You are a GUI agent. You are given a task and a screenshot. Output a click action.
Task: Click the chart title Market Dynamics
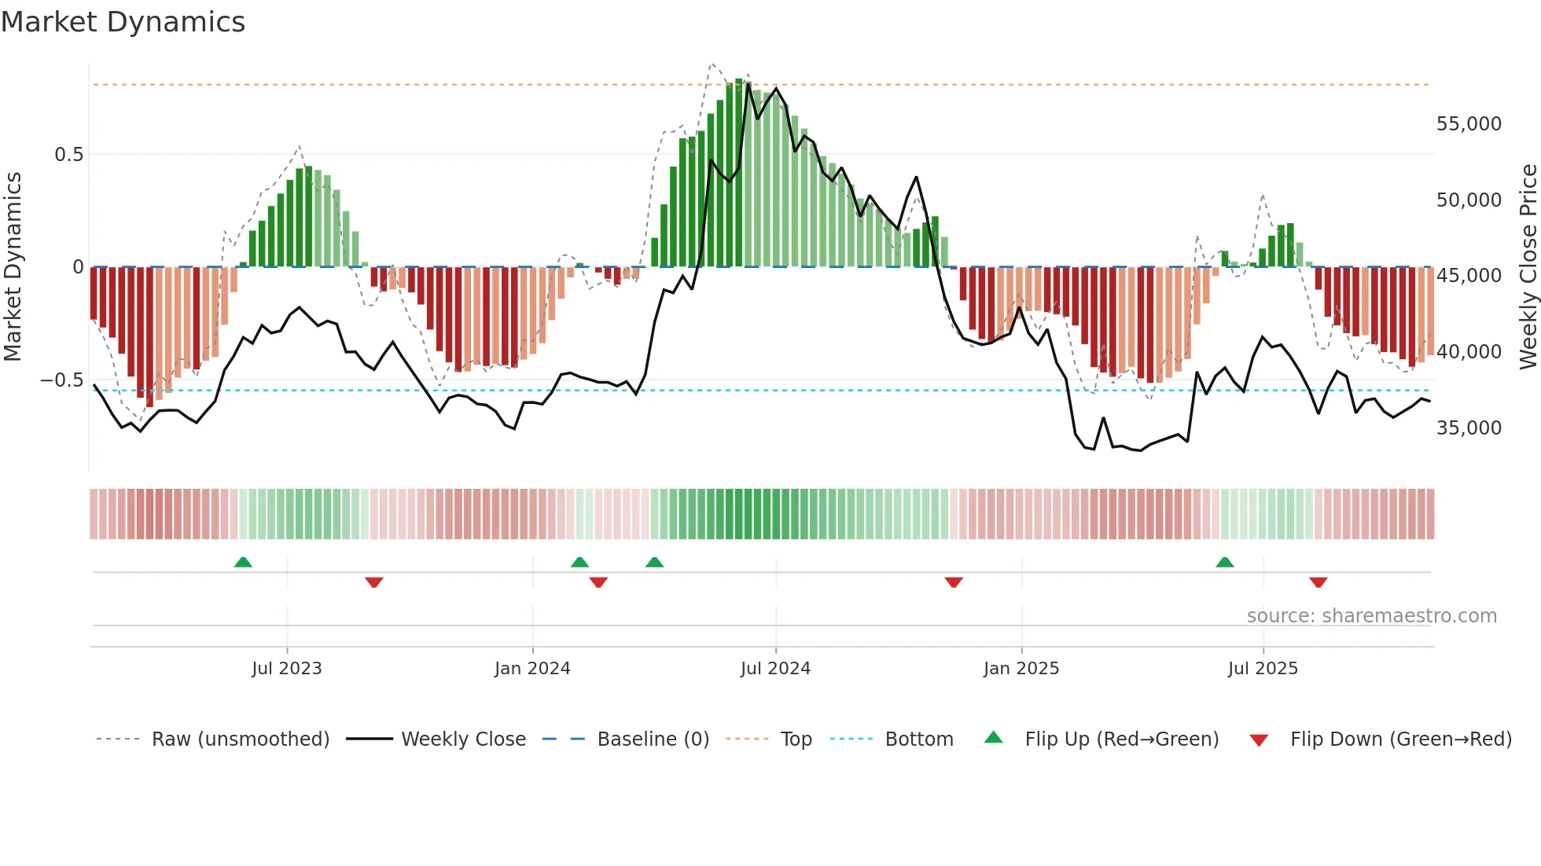tap(123, 22)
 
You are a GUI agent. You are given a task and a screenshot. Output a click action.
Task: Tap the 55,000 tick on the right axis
tap(1468, 124)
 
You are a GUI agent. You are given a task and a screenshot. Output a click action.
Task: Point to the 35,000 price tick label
tap(1468, 428)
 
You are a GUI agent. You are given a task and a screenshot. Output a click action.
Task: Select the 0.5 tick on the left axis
tap(68, 155)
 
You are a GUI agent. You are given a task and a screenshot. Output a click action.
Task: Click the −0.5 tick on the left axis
tap(62, 380)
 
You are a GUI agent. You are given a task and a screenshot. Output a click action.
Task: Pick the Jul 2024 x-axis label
tap(775, 669)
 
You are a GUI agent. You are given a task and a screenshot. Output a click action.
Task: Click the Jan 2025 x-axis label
tap(1021, 669)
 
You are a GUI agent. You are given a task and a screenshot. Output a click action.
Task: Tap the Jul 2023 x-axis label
tap(286, 669)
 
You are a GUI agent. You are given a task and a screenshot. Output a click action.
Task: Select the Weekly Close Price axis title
tap(1528, 267)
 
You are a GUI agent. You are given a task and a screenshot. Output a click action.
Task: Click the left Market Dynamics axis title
tap(13, 267)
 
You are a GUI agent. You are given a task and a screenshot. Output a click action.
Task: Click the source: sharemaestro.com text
tap(1371, 616)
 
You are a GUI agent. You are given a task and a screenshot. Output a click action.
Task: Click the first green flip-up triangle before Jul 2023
tap(243, 563)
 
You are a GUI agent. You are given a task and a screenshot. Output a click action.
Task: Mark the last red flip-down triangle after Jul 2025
tap(1318, 582)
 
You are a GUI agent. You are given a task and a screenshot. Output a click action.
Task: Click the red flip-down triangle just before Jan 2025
tap(954, 582)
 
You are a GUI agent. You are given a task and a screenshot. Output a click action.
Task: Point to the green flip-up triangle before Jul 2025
tap(1224, 563)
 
